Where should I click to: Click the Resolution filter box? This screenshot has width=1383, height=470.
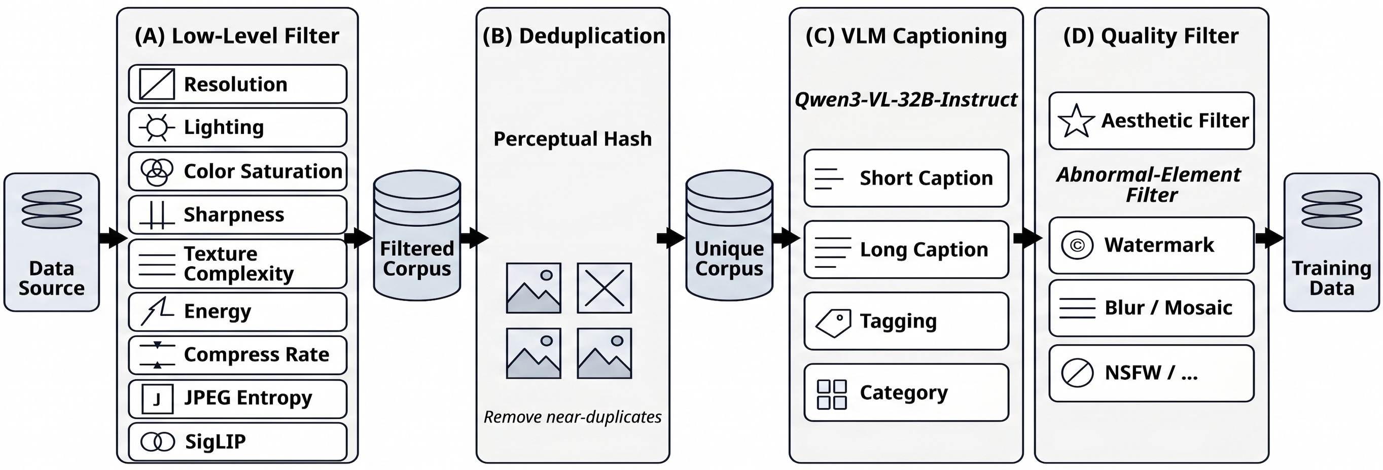click(x=237, y=84)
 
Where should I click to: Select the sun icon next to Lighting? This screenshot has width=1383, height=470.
click(x=157, y=128)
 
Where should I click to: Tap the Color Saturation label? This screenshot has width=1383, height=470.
click(x=263, y=171)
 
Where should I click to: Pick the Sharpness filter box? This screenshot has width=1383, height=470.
click(x=237, y=214)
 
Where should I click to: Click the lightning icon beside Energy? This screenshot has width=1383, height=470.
click(x=157, y=311)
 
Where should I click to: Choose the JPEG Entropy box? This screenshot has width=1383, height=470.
click(x=237, y=399)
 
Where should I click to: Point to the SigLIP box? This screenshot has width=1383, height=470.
click(x=237, y=442)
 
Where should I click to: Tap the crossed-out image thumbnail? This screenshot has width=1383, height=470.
click(x=605, y=288)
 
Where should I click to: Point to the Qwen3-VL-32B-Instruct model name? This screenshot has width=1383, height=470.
click(x=906, y=100)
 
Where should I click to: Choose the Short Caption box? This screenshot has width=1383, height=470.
click(x=906, y=178)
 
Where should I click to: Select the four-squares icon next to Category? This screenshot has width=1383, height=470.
click(x=832, y=394)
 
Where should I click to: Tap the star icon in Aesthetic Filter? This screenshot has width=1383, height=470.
click(x=1076, y=121)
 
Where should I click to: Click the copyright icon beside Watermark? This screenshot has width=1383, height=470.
click(x=1077, y=245)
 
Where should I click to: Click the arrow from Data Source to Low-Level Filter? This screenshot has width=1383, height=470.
click(x=113, y=238)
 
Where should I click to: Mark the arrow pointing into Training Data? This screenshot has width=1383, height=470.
click(x=1269, y=238)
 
